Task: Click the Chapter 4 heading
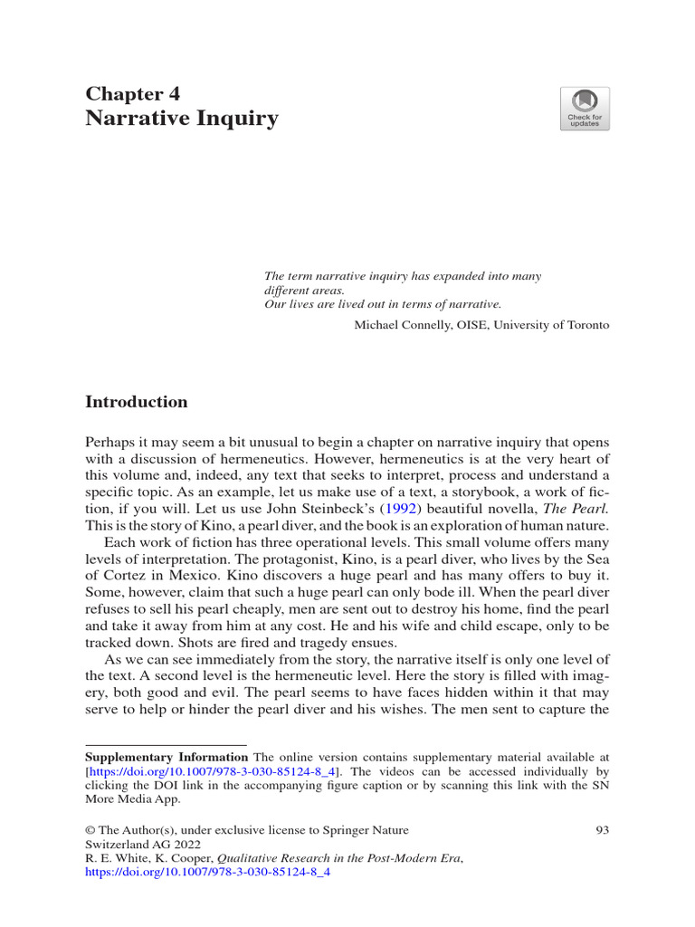tap(132, 93)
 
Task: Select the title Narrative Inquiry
tap(181, 119)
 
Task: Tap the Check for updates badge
tap(585, 109)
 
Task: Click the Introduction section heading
tap(136, 402)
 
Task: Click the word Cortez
tap(128, 580)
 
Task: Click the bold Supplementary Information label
tap(167, 757)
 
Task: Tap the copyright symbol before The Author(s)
tap(90, 830)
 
